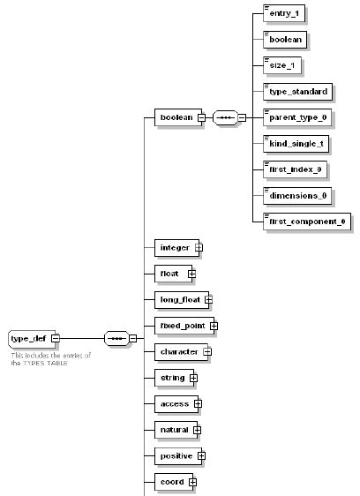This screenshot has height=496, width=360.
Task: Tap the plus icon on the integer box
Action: pyautogui.click(x=199, y=248)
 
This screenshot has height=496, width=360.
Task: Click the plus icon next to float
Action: pyautogui.click(x=191, y=274)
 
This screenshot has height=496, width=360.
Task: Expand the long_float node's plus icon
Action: pyautogui.click(x=208, y=299)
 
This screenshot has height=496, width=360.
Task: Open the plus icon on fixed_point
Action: pyautogui.click(x=213, y=326)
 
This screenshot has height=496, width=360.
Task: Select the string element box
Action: pyautogui.click(x=171, y=378)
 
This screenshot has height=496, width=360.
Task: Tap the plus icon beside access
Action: pyautogui.click(x=198, y=403)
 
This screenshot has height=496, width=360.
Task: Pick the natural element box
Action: pyautogui.click(x=173, y=430)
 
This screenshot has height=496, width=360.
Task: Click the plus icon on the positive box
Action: pyautogui.click(x=201, y=456)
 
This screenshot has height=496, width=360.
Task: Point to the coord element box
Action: pyautogui.click(x=170, y=482)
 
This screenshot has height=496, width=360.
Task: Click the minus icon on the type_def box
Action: pyautogui.click(x=56, y=337)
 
